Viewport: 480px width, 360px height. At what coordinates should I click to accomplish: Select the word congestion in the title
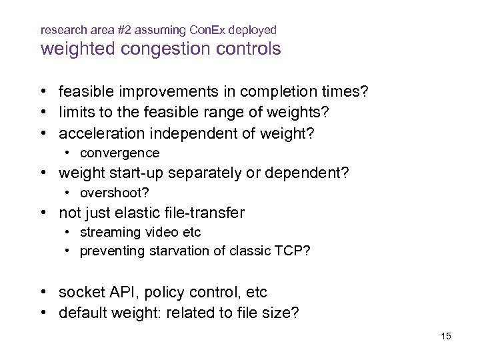tap(151, 49)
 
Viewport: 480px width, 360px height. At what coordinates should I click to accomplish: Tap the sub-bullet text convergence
tap(119, 153)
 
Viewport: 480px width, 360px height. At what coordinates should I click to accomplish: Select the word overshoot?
tap(114, 193)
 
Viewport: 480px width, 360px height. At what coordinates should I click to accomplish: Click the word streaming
tap(107, 233)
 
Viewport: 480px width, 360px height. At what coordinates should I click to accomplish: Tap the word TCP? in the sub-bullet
tap(297, 251)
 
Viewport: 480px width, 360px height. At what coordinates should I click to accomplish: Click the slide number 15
tap(446, 336)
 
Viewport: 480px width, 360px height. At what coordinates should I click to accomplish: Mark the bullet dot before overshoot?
tap(68, 193)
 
